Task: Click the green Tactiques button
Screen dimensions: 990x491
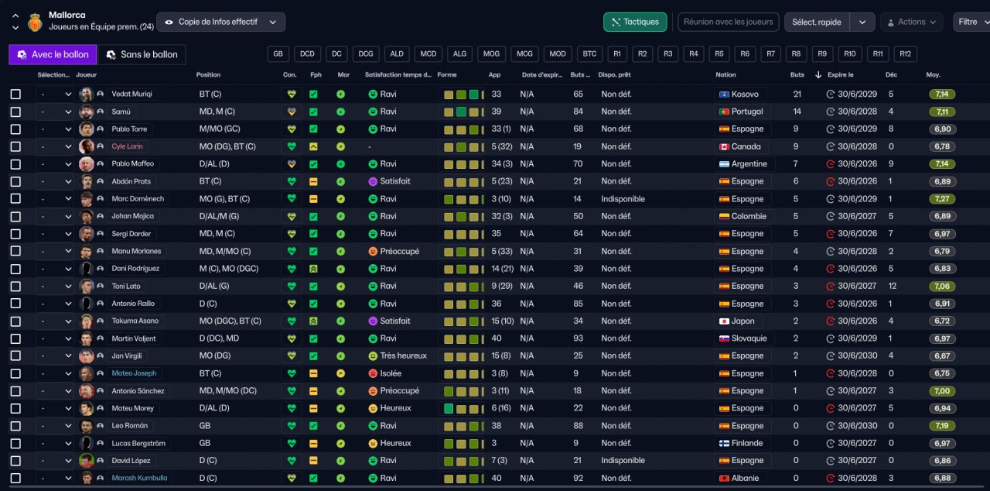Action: [x=635, y=22]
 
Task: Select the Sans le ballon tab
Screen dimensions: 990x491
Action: [x=142, y=54]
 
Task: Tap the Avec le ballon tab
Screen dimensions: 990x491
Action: [x=53, y=54]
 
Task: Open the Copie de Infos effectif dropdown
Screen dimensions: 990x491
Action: [x=220, y=22]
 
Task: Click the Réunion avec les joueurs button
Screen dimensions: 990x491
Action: [x=728, y=22]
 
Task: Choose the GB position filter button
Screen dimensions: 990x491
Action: [x=278, y=54]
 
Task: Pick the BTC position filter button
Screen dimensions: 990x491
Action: [x=589, y=54]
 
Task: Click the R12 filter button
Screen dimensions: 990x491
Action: [x=905, y=54]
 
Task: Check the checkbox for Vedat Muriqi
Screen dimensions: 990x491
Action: [x=15, y=94]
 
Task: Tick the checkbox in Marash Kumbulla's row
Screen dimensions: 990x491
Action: [x=15, y=478]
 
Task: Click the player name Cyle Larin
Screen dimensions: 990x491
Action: [x=127, y=146]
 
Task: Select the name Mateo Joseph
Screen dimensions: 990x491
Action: [x=134, y=373]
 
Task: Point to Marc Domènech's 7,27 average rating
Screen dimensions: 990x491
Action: [x=942, y=199]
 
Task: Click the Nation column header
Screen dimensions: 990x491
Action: [x=725, y=75]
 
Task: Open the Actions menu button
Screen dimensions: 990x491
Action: [x=912, y=22]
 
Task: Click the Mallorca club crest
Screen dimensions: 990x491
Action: [x=35, y=22]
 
